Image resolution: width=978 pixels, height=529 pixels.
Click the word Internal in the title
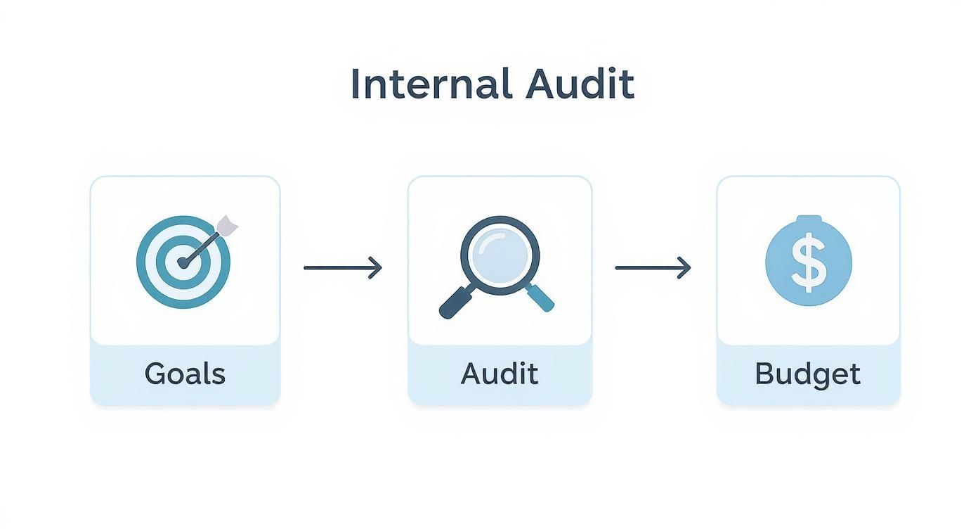(x=431, y=84)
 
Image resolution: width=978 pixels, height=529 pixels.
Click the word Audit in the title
(x=580, y=84)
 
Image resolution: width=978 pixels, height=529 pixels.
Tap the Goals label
(x=185, y=374)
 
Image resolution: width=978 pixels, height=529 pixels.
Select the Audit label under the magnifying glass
(x=500, y=374)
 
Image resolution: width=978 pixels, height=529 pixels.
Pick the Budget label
(x=808, y=375)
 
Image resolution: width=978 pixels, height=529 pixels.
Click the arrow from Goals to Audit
(x=343, y=267)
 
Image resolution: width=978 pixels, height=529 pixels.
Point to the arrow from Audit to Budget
(x=653, y=267)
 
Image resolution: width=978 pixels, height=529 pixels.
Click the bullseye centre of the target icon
(x=183, y=262)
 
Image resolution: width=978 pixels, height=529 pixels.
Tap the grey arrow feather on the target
(x=227, y=226)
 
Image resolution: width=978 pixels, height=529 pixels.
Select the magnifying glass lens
(x=500, y=255)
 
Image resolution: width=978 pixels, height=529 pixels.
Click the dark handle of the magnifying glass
(x=456, y=302)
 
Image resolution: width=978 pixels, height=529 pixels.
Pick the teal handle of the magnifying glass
(x=540, y=298)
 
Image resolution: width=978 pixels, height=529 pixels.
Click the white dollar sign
(x=809, y=262)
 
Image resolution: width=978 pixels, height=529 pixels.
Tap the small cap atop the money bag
(x=809, y=219)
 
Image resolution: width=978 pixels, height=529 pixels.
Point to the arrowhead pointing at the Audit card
(x=375, y=267)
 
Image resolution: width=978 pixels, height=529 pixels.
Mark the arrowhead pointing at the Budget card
(x=684, y=267)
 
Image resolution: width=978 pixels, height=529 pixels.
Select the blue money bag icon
(x=809, y=260)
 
